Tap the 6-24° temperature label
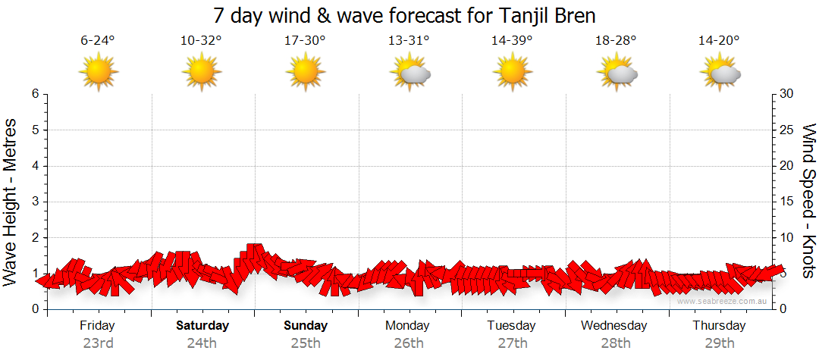tap(97, 41)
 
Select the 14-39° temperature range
tap(512, 41)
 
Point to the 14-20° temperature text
tap(719, 41)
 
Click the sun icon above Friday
tap(99, 73)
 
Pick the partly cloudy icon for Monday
tap(409, 73)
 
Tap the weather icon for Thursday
tap(720, 73)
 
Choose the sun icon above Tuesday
tap(513, 73)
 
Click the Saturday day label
tap(202, 326)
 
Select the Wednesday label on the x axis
tap(614, 326)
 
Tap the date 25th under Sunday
tap(305, 343)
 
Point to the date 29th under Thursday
tap(719, 343)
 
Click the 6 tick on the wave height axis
tap(35, 94)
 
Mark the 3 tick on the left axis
tap(35, 202)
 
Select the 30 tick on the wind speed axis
tap(787, 94)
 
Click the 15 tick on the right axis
tap(787, 202)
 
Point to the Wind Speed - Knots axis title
tap(808, 201)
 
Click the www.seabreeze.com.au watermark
tap(723, 302)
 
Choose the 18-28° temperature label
tap(616, 41)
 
